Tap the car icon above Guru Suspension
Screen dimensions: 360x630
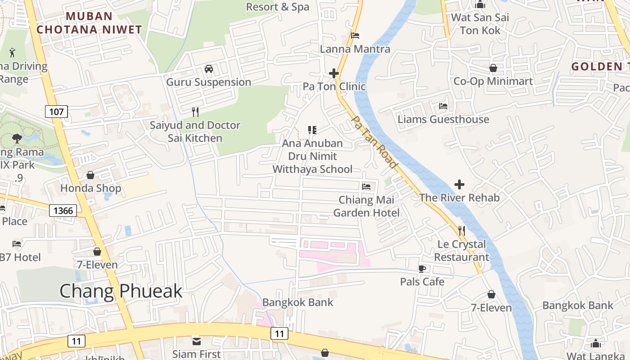[209, 69]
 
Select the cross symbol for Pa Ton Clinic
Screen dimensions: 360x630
[334, 73]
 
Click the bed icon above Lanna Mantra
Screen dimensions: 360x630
[355, 36]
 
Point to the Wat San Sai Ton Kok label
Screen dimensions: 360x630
[480, 24]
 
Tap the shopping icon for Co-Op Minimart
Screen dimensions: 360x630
[493, 68]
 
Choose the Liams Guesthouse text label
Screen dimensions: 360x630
[443, 119]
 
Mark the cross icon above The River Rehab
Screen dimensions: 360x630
[459, 184]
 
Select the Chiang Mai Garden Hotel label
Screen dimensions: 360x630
[366, 206]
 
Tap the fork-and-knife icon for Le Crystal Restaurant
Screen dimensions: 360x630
[461, 231]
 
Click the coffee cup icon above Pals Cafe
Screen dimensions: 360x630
[422, 269]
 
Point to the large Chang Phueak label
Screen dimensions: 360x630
[121, 291]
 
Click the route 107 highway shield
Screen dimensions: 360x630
[56, 111]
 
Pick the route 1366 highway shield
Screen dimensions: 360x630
[63, 210]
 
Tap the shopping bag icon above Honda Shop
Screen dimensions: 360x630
[90, 175]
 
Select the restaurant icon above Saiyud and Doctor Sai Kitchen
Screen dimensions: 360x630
[195, 112]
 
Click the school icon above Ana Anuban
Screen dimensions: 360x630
[312, 130]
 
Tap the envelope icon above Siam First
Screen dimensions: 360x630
[197, 340]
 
